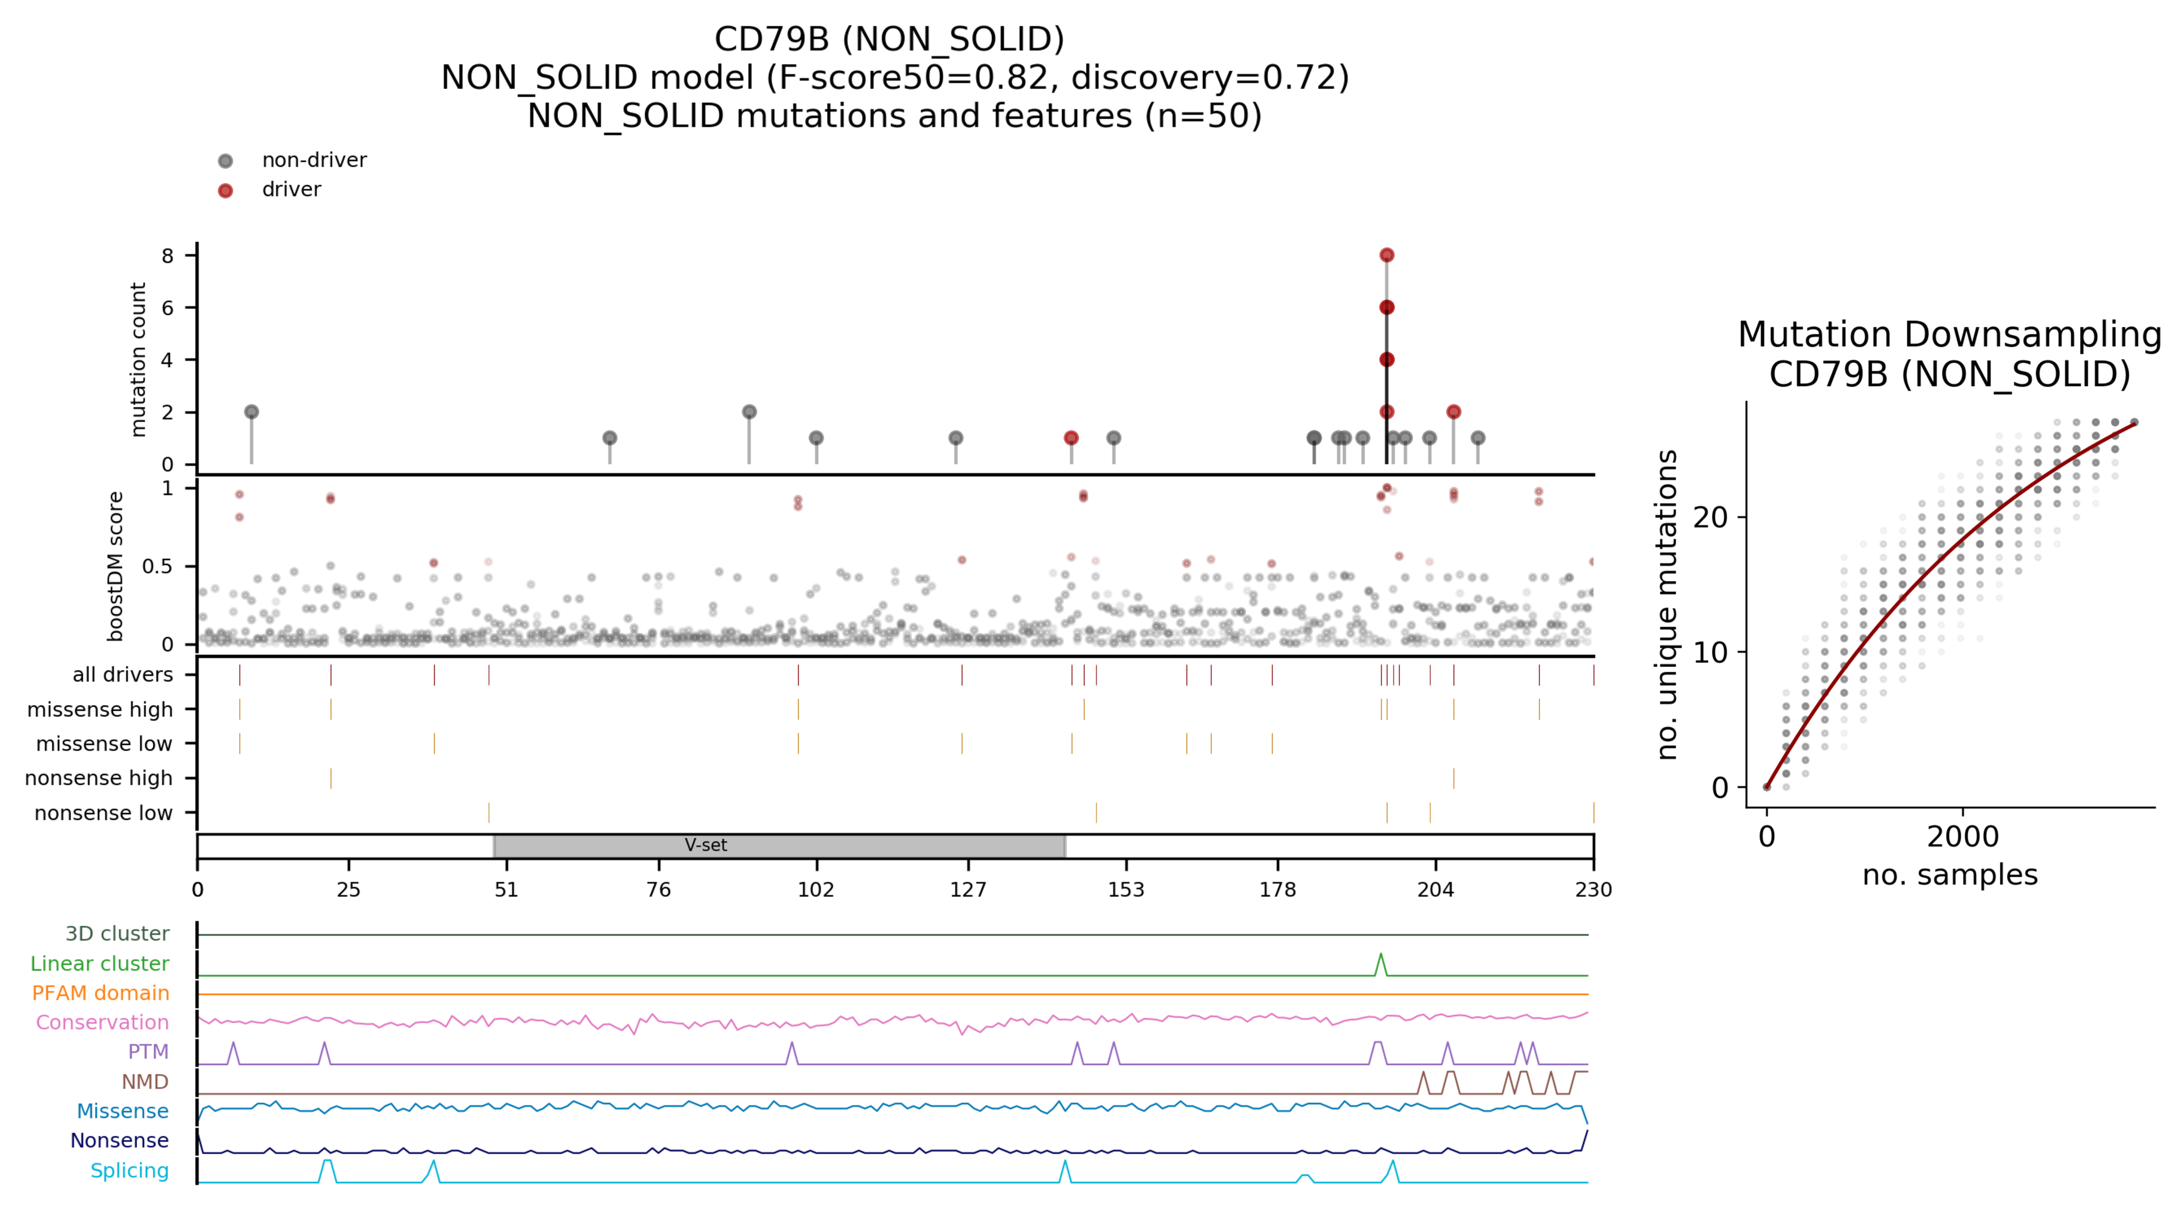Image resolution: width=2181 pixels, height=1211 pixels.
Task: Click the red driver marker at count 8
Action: [x=1386, y=255]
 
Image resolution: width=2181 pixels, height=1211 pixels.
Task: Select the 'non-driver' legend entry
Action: [x=313, y=160]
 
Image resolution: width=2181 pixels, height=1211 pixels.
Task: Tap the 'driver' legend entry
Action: [x=291, y=189]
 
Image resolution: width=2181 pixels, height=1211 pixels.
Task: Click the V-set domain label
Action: [x=705, y=845]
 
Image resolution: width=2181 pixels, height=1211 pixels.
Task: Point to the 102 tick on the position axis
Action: [x=815, y=889]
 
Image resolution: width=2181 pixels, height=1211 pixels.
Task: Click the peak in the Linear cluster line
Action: [x=1381, y=955]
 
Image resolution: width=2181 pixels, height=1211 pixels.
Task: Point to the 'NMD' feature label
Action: [x=145, y=1082]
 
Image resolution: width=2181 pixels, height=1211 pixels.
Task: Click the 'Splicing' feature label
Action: [x=129, y=1170]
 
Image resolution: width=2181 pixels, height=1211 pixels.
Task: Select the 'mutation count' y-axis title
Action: [x=138, y=359]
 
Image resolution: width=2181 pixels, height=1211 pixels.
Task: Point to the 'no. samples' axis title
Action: [x=1949, y=875]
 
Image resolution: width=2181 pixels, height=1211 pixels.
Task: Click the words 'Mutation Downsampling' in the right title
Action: [x=1949, y=335]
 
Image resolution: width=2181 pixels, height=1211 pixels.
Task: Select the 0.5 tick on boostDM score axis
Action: [x=158, y=566]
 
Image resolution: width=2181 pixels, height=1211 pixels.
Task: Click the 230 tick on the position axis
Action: [x=1592, y=889]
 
